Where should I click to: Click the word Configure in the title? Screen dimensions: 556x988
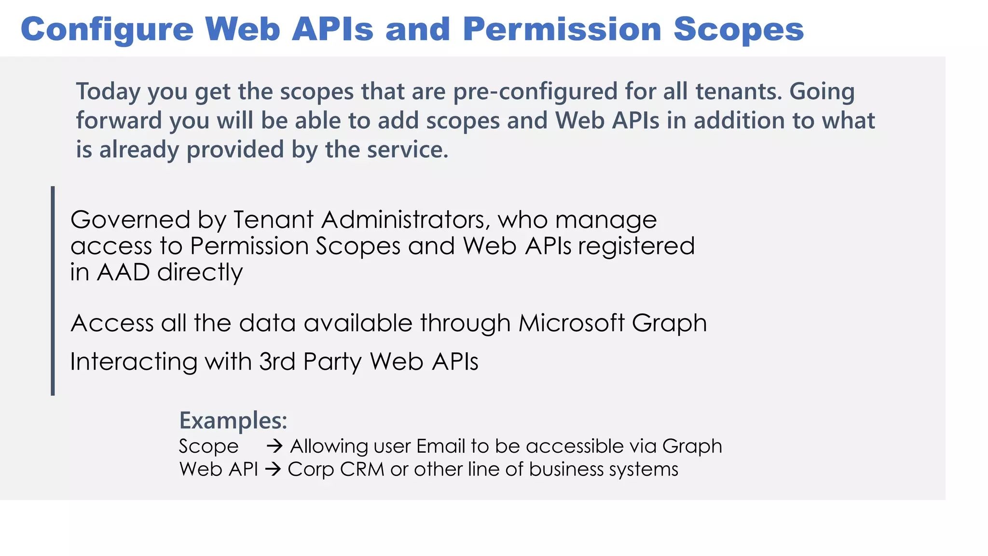[107, 30]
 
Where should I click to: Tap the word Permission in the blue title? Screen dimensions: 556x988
[562, 30]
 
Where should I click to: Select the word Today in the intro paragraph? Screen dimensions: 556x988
[108, 92]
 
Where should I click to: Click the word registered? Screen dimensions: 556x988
[636, 246]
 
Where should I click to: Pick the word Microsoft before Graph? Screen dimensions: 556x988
[572, 323]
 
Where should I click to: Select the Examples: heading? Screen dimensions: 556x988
[233, 420]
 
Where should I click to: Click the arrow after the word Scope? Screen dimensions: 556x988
[274, 446]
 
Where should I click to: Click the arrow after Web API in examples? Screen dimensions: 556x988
[273, 469]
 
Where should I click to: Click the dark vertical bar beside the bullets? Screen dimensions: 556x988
[53, 291]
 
